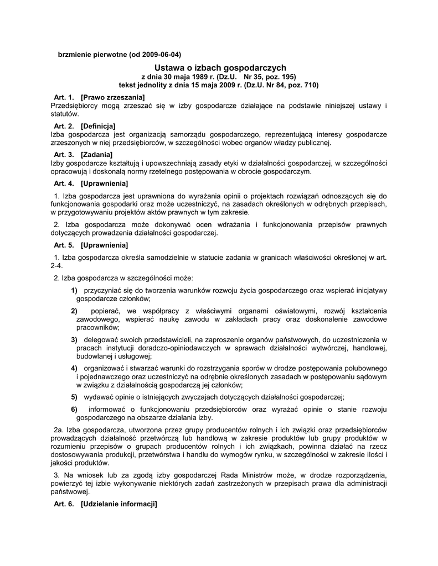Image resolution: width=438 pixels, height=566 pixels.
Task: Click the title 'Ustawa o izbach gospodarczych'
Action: click(220, 67)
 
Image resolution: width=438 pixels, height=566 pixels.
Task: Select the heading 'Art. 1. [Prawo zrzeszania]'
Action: click(91, 97)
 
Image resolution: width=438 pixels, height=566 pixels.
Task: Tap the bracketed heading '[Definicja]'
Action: click(98, 126)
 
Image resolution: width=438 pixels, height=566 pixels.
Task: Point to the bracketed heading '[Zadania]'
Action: click(96, 155)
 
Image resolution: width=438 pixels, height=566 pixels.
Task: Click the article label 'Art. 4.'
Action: click(64, 184)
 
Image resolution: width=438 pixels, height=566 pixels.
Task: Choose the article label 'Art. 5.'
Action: click(64, 245)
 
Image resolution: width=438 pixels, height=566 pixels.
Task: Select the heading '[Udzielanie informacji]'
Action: click(118, 504)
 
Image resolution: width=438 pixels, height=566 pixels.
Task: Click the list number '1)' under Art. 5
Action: click(74, 290)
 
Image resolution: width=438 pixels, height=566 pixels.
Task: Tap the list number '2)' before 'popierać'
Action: click(74, 311)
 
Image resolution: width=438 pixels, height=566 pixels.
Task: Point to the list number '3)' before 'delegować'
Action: click(74, 339)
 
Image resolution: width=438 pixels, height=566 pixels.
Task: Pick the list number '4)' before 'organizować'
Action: click(74, 368)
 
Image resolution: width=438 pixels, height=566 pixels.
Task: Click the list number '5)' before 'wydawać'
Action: click(74, 397)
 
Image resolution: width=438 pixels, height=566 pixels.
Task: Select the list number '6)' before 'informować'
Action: click(74, 409)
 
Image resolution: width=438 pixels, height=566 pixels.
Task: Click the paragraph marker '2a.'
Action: click(59, 429)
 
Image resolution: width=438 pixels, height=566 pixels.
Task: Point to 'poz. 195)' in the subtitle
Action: click(281, 77)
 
